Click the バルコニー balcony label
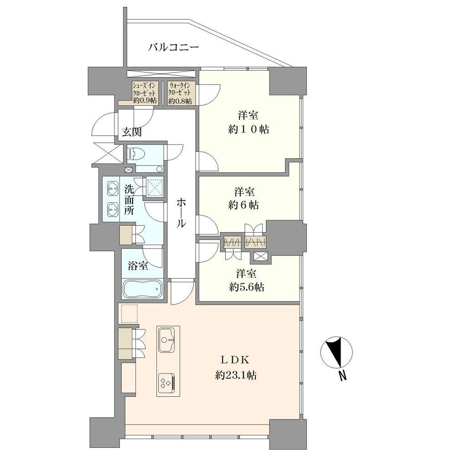[x=174, y=47]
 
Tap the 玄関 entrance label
[x=132, y=132]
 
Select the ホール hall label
[x=181, y=212]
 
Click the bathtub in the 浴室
[x=142, y=289]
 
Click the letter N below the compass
[x=343, y=376]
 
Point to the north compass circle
[x=337, y=352]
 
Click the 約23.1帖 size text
[x=236, y=375]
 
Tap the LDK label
[x=235, y=360]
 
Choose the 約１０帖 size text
[x=249, y=129]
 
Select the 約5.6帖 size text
[x=247, y=287]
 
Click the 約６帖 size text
[x=244, y=205]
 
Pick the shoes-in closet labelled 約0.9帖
[x=145, y=93]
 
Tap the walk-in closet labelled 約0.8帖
[x=180, y=93]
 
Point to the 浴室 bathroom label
[x=138, y=265]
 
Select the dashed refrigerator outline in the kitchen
[x=129, y=314]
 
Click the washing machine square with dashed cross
[x=155, y=186]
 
